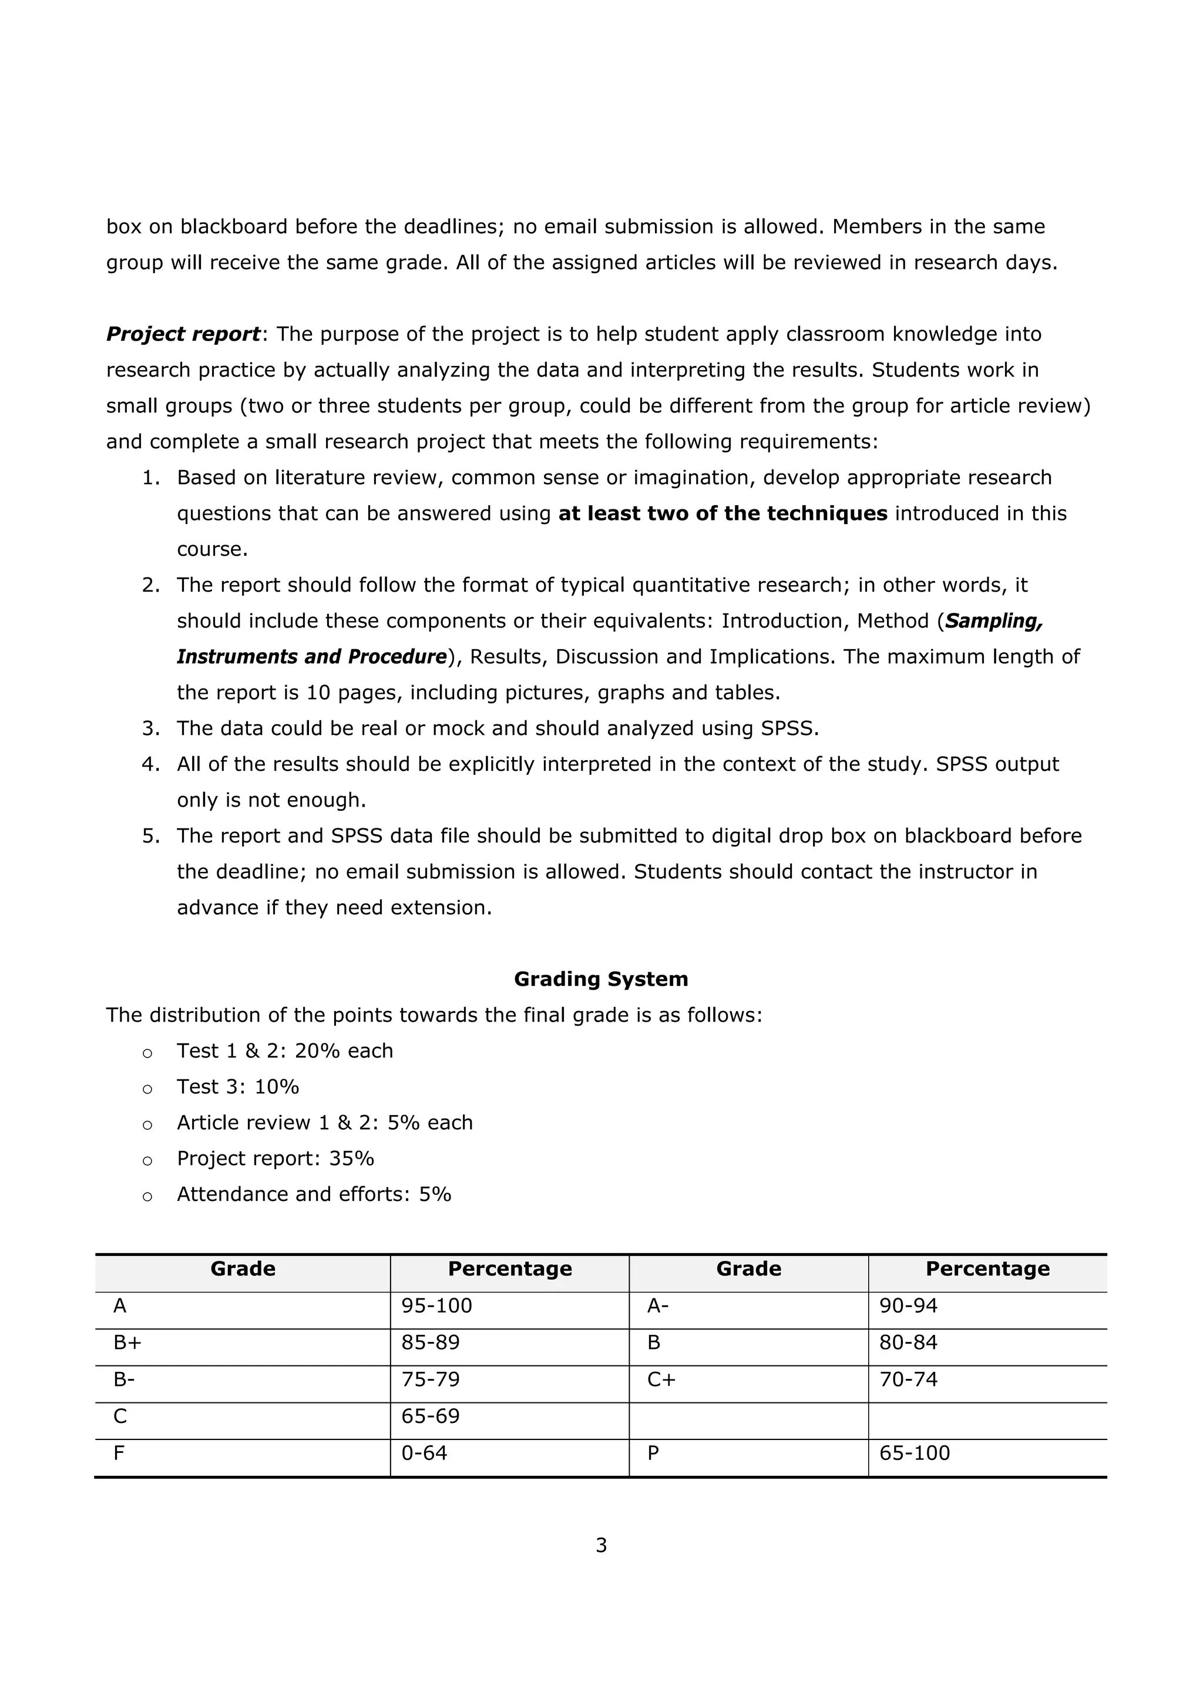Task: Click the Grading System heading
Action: [x=600, y=979]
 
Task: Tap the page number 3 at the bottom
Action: [x=601, y=1545]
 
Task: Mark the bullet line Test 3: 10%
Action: [x=237, y=1087]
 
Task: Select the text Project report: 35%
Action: [x=275, y=1158]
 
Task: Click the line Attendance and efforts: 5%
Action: [x=314, y=1194]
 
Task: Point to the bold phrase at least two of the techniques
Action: [x=723, y=513]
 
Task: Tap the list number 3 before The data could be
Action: [x=150, y=729]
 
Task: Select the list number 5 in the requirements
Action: [x=150, y=836]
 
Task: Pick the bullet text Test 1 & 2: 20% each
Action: [x=285, y=1050]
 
